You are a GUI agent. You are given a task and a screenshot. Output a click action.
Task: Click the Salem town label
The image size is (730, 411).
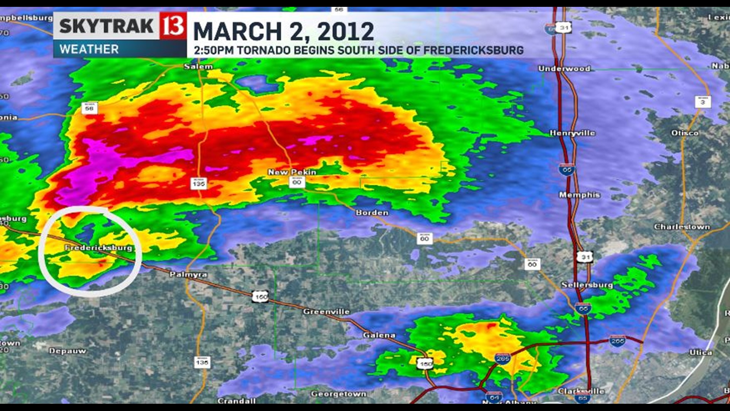pos(198,67)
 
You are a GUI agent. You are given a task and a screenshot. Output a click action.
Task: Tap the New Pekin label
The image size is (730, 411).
pos(292,172)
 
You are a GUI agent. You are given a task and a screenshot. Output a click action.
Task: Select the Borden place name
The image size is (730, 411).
pos(372,213)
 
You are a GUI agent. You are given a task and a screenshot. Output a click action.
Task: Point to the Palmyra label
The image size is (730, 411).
pos(188,274)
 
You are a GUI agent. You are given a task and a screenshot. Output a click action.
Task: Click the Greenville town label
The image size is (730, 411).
pos(326,312)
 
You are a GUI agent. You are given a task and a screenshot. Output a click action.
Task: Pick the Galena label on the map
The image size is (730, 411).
pos(379,335)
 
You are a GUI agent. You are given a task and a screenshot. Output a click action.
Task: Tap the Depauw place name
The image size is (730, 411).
pos(67,351)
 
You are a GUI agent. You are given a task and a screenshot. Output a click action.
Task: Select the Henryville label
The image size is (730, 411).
pos(572,133)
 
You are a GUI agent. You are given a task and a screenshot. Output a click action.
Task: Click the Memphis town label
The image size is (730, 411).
pos(579,195)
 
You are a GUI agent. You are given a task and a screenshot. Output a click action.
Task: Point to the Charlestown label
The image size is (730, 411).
pos(682,227)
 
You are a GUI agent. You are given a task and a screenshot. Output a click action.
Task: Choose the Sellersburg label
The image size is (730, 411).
pos(587,285)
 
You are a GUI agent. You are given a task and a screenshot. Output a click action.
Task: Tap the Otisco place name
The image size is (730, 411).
pos(684,133)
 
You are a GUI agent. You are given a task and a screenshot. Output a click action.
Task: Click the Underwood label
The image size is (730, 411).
pos(564,68)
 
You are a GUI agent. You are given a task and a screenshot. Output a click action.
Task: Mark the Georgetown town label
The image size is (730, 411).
pos(338,394)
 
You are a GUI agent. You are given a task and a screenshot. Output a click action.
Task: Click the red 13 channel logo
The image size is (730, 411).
pos(173,26)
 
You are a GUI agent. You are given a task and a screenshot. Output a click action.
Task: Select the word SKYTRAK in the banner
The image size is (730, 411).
pos(106,26)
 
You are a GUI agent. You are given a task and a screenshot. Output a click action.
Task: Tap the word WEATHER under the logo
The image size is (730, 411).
pos(89,49)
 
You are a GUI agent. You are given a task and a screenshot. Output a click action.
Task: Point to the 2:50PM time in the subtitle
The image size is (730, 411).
pos(214,50)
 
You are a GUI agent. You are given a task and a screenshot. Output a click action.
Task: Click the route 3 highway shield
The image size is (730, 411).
pos(702,102)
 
